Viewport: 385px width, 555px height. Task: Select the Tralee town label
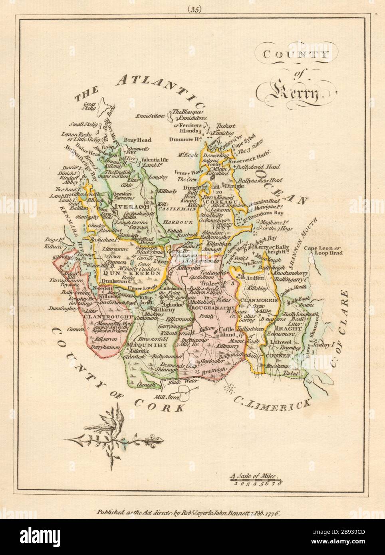(x=222, y=282)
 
